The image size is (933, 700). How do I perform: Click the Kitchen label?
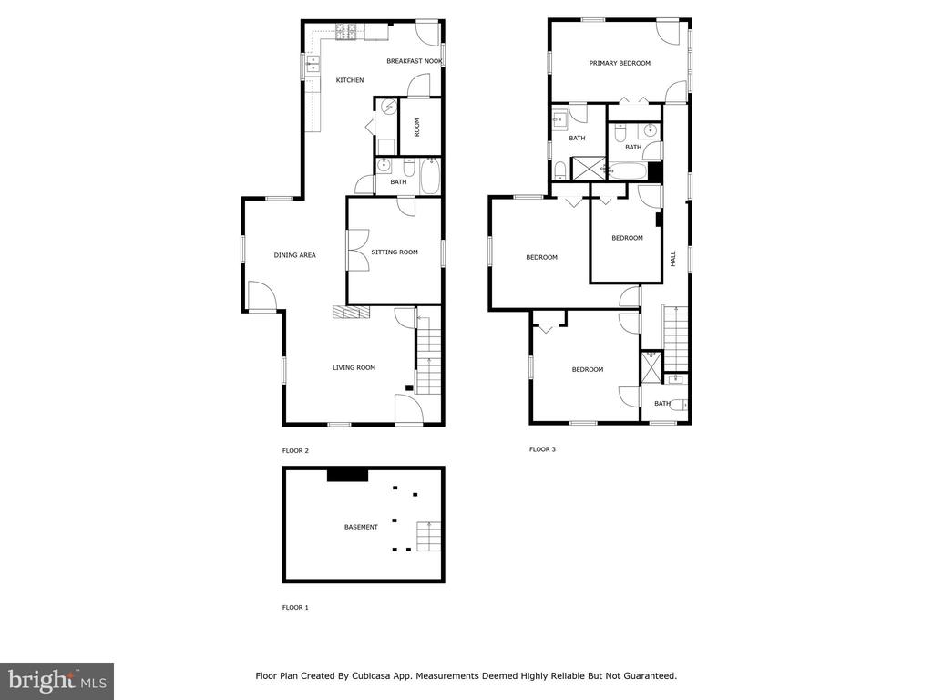pos(350,80)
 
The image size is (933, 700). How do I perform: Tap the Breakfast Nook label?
pos(415,61)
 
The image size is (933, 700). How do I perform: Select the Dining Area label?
pos(294,255)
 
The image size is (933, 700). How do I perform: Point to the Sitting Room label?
pos(395,252)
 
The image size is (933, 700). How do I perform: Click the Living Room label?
pos(354,368)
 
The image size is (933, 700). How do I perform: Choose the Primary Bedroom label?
pos(620,63)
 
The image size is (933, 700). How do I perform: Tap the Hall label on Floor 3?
pos(673,258)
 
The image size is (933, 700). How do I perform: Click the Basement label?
pos(361,528)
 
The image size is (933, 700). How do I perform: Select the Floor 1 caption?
pos(295,608)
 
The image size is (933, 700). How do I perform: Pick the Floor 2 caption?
pos(295,451)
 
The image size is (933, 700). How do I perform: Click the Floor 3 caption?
pos(542,449)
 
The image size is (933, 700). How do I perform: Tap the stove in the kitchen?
pos(346,32)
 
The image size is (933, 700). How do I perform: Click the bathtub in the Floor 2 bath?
pos(430,176)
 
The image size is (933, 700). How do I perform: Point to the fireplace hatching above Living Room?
pos(351,313)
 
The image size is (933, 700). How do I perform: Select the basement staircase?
pos(428,536)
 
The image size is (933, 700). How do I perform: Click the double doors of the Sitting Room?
pos(358,251)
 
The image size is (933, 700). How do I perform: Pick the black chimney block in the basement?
pos(348,475)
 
